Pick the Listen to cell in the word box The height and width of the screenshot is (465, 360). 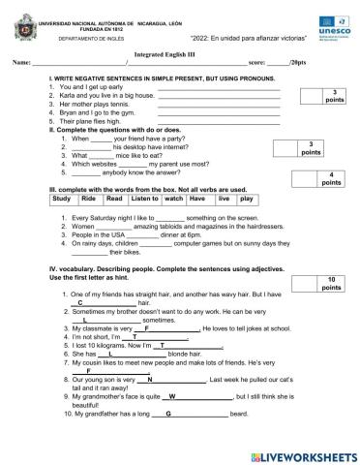click(143, 199)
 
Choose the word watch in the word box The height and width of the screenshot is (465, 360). click(173, 199)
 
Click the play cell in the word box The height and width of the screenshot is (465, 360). click(246, 199)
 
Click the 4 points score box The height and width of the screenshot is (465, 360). click(329, 178)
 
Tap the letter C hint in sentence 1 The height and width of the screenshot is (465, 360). click(80, 302)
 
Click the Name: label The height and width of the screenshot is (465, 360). click(21, 64)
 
